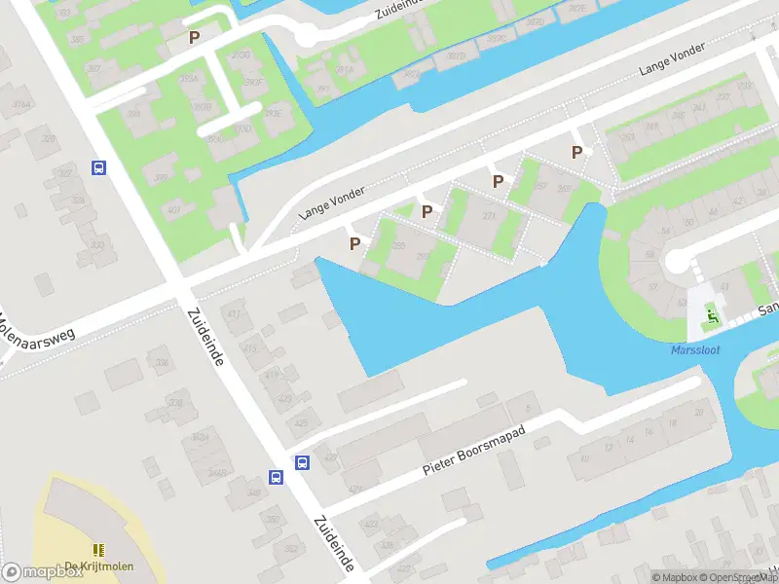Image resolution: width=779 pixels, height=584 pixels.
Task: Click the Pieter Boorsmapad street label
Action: pyautogui.click(x=474, y=454)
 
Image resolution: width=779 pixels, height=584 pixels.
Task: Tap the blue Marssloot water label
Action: pyautogui.click(x=695, y=350)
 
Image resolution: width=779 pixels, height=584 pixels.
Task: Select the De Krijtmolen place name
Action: pyautogui.click(x=98, y=567)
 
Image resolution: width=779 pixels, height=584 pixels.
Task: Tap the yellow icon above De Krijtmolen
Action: pyautogui.click(x=98, y=550)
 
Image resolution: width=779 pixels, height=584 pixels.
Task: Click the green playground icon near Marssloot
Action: pyautogui.click(x=713, y=315)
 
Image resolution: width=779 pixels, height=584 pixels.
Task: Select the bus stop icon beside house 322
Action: pyautogui.click(x=98, y=167)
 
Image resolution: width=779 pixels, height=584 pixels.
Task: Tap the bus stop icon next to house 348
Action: pyautogui.click(x=277, y=477)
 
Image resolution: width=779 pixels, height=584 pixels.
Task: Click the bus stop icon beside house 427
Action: pyautogui.click(x=303, y=462)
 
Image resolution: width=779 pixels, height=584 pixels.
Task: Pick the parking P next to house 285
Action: pyautogui.click(x=354, y=243)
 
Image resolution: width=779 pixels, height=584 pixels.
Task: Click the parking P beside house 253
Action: pyautogui.click(x=576, y=152)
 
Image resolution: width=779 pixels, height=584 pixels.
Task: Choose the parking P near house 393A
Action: pyautogui.click(x=194, y=37)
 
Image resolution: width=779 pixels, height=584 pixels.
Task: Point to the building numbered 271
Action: pyautogui.click(x=488, y=216)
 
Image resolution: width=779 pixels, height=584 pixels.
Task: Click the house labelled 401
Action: pyautogui.click(x=173, y=209)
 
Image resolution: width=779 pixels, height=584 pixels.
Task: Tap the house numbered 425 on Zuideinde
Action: pyautogui.click(x=300, y=423)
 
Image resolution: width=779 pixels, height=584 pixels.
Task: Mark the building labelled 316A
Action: pyautogui.click(x=19, y=105)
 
